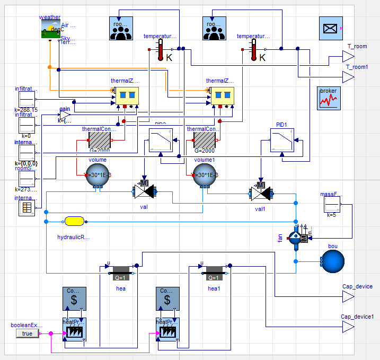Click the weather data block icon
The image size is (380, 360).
click(x=50, y=29)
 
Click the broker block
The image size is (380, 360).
click(x=329, y=98)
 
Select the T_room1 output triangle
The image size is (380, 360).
click(x=347, y=78)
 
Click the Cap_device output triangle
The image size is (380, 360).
click(x=348, y=296)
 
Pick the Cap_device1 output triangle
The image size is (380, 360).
click(x=348, y=328)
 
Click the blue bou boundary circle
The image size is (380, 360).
click(x=332, y=261)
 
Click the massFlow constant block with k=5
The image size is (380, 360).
click(x=332, y=204)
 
